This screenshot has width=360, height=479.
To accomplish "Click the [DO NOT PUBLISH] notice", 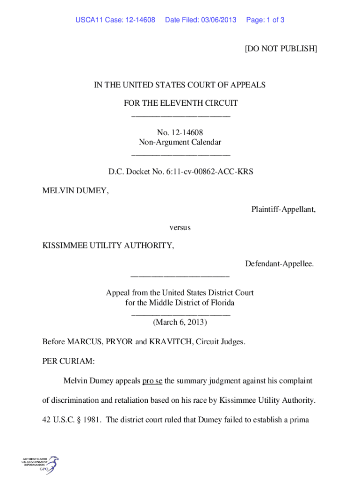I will [281, 49].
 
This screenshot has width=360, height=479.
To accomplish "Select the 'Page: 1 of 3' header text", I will [265, 20].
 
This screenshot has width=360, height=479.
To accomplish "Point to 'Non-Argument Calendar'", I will [180, 142].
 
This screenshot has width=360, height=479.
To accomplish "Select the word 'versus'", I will [180, 227].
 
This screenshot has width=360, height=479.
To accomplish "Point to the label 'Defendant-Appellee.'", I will [280, 264].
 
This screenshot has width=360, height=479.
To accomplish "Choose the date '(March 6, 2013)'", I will [180, 322].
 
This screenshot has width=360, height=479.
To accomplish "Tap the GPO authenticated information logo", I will [40, 465].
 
